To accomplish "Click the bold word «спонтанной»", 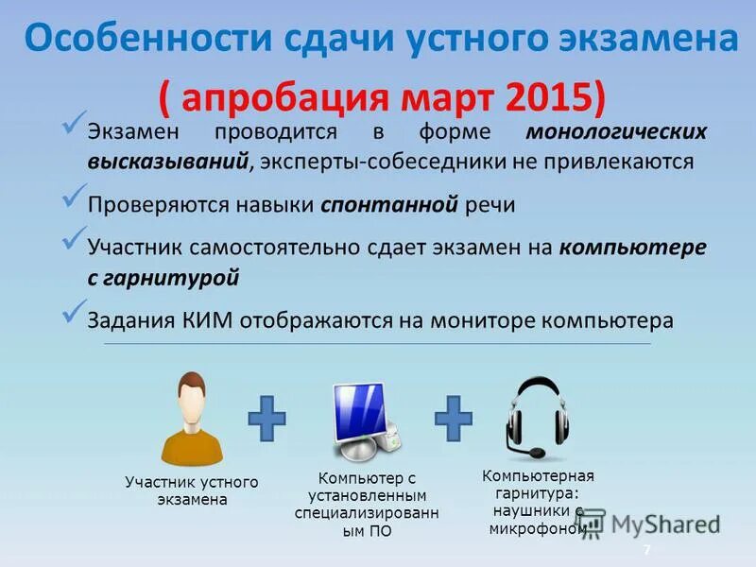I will pyautogui.click(x=389, y=205).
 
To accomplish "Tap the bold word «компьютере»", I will pyautogui.click(x=632, y=249).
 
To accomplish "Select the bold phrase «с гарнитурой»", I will pyautogui.click(x=163, y=278).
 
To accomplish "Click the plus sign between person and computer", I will pyautogui.click(x=267, y=417).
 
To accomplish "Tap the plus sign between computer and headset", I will pyautogui.click(x=454, y=417).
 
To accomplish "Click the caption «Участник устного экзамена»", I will pyautogui.click(x=192, y=490).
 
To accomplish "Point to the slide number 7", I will pyautogui.click(x=647, y=550).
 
